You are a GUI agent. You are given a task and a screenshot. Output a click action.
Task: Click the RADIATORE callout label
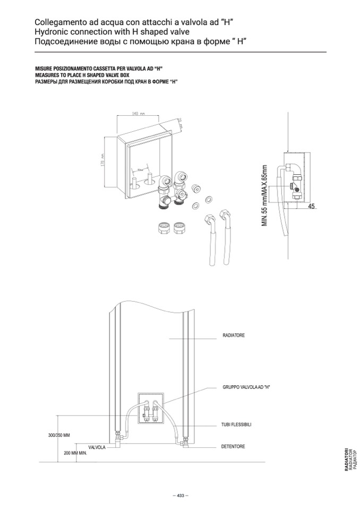click(234, 336)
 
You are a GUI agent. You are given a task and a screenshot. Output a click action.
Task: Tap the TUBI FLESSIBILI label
click(236, 425)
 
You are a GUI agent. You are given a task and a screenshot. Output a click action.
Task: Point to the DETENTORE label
click(233, 446)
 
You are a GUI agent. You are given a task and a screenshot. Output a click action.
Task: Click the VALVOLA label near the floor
click(97, 448)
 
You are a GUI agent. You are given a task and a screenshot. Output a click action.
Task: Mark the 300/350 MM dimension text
click(59, 435)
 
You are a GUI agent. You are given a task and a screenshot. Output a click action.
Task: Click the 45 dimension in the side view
click(311, 206)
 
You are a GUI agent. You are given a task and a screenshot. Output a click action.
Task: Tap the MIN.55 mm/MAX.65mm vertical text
click(264, 196)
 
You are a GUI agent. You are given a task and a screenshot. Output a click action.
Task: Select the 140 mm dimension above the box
click(138, 114)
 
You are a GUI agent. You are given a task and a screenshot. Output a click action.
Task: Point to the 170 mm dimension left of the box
click(103, 159)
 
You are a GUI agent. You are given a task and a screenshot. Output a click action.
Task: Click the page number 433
click(180, 495)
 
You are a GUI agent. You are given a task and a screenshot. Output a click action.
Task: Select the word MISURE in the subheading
click(44, 70)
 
